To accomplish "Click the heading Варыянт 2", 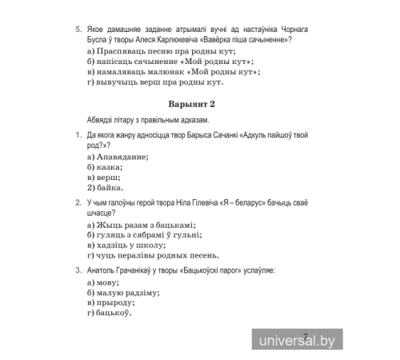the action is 193,105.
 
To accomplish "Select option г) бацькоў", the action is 108,313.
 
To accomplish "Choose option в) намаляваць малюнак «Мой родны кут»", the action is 173,72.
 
